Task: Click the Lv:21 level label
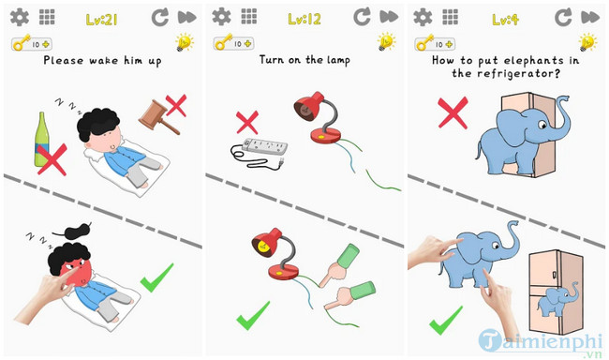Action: coord(101,19)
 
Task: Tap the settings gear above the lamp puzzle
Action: coord(221,17)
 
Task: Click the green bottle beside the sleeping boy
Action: coord(41,139)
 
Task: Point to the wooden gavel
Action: coord(158,117)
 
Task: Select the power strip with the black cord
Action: coord(260,153)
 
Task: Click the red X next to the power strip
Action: coord(247,122)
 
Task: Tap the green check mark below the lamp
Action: coord(253,315)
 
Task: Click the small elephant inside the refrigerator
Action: coord(557,299)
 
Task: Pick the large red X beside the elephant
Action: coord(453,112)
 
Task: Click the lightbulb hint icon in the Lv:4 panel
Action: coord(587,42)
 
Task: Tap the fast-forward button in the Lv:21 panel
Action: coord(186,17)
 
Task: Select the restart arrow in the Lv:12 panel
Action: coord(362,17)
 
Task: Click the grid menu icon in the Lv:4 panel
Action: coord(450,17)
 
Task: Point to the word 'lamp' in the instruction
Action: coord(338,60)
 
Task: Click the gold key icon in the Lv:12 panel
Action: coord(223,42)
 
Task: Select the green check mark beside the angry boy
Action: coord(156,277)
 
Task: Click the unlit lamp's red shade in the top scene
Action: coord(309,105)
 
